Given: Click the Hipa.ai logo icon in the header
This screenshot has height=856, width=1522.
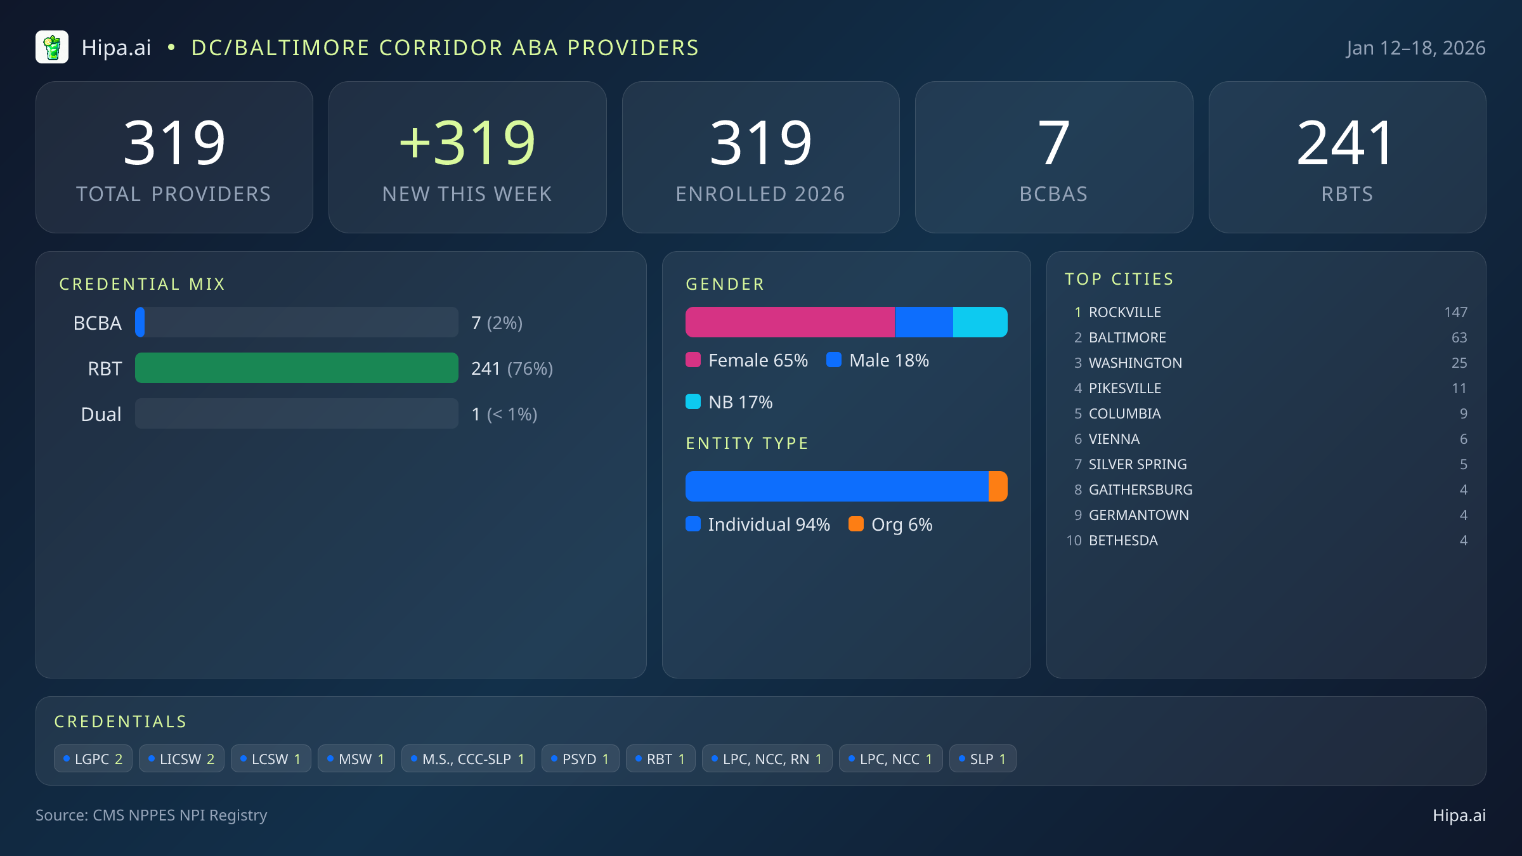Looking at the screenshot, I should (52, 48).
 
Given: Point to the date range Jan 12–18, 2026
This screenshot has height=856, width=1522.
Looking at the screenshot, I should (1415, 48).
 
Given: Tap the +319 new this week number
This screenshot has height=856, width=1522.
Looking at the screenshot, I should (467, 143).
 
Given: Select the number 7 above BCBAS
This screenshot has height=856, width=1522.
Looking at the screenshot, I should (1053, 143).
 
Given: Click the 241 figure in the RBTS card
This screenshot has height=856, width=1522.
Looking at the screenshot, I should (1346, 143).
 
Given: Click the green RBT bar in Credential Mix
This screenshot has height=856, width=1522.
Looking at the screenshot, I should (296, 368).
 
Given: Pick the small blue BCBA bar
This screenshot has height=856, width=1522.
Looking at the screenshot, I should (140, 322).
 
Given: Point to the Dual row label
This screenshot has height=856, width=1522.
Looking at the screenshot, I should (101, 414).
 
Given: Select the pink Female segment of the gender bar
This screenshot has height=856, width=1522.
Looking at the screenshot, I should (790, 322).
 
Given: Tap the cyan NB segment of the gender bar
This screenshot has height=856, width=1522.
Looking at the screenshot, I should (980, 322).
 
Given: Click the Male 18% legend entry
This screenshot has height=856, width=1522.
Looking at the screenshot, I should (878, 360).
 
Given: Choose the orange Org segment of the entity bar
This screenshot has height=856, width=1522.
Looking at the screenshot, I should (998, 486).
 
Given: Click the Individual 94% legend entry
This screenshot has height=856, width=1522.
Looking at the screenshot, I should (758, 524).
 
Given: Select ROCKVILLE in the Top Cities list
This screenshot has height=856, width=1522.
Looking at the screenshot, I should (1124, 312).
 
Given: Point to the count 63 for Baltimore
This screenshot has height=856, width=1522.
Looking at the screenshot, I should (1459, 337).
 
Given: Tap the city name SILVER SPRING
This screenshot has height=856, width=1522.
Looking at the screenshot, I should (1137, 464).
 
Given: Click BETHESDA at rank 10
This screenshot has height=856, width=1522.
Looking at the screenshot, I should (1123, 540).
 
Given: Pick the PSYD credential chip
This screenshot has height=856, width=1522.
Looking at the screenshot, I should (580, 759).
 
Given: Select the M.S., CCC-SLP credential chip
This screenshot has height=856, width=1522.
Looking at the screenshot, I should (468, 759).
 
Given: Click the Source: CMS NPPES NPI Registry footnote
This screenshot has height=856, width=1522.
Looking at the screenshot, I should (151, 815).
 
